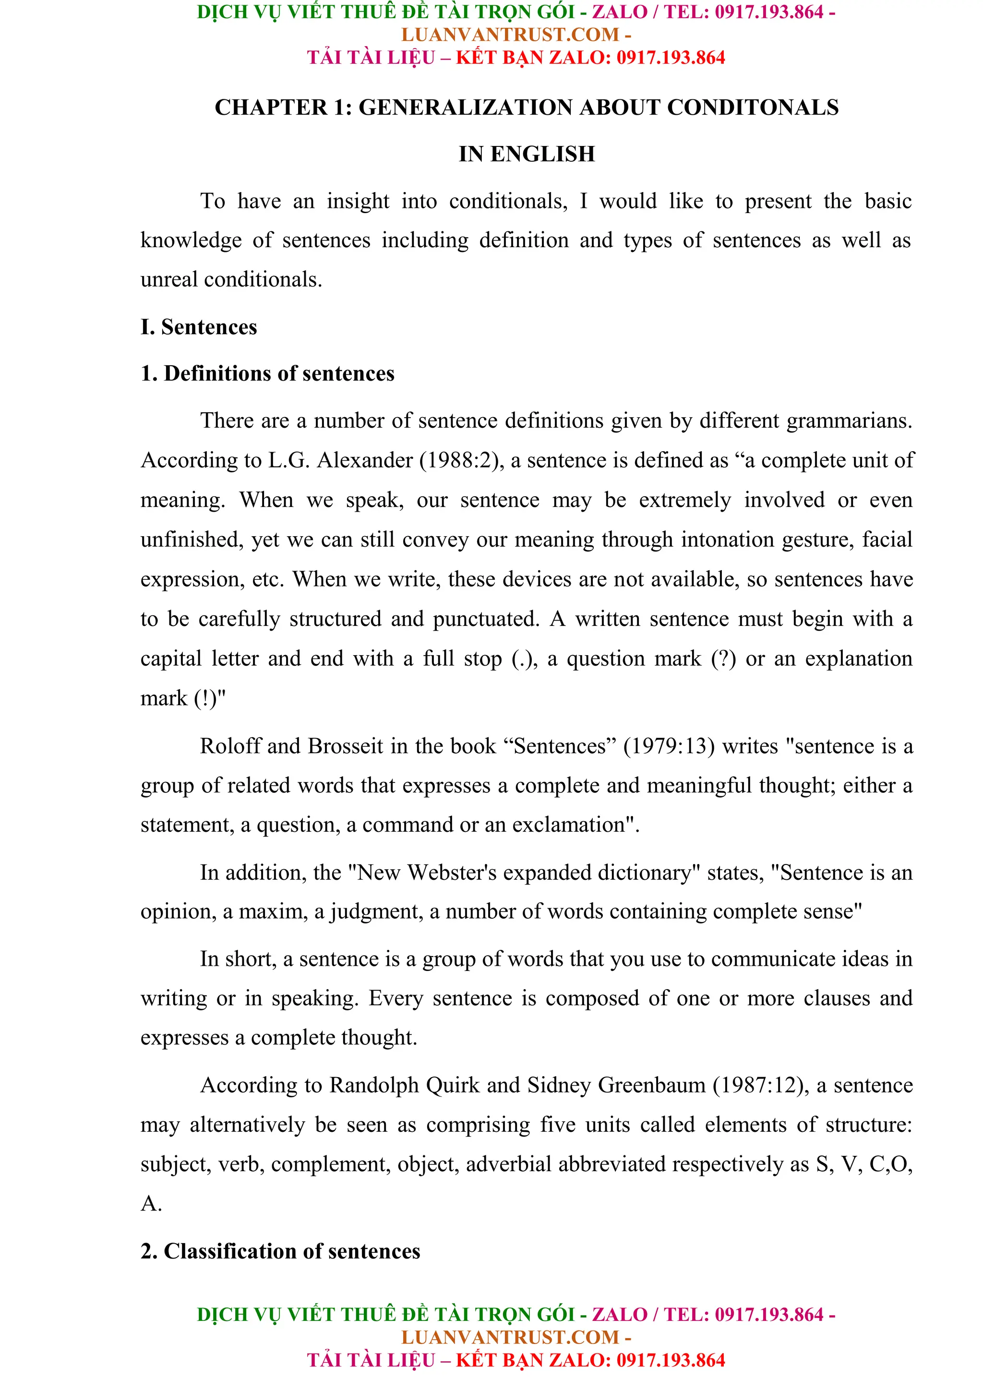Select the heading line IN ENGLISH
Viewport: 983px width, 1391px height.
(x=527, y=154)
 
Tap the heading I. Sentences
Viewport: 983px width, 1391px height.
(x=199, y=327)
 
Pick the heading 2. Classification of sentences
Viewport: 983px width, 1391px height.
(x=280, y=1251)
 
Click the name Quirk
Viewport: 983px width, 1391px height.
(x=453, y=1085)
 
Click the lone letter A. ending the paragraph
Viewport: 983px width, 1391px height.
(x=151, y=1204)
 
